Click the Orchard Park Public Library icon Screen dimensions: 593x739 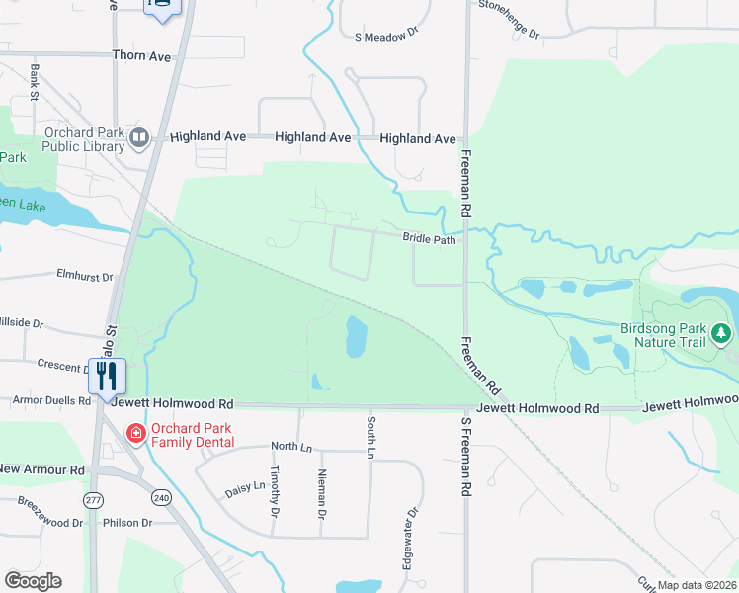click(x=139, y=138)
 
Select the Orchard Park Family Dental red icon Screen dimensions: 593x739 click(x=135, y=433)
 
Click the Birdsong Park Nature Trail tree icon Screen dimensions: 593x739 click(x=722, y=333)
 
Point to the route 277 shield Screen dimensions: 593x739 click(x=94, y=499)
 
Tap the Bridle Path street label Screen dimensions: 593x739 click(x=429, y=238)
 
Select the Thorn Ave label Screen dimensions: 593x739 click(x=142, y=56)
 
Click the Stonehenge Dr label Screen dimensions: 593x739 click(x=510, y=19)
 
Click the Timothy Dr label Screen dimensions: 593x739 click(x=276, y=491)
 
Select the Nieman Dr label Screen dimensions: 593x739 click(x=322, y=493)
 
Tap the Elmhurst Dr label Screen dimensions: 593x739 click(x=85, y=276)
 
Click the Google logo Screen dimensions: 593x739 click(x=33, y=581)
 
